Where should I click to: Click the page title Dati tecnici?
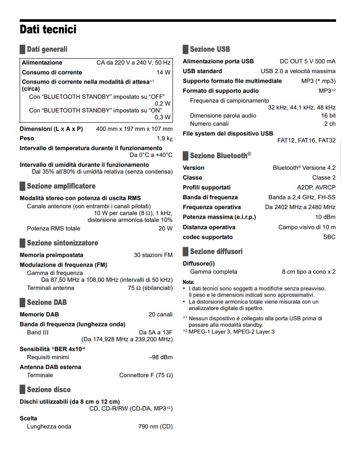pyautogui.click(x=48, y=30)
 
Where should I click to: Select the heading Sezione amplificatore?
pyautogui.click(x=61, y=186)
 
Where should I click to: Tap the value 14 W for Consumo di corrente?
pyautogui.click(x=164, y=72)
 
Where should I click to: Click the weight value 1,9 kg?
pyautogui.click(x=164, y=139)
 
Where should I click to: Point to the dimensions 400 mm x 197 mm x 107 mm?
pyautogui.click(x=134, y=129)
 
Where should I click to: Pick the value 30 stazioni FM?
pyautogui.click(x=153, y=255)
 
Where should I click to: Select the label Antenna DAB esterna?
pyautogui.click(x=51, y=367)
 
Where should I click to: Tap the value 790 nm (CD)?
pyautogui.click(x=155, y=426)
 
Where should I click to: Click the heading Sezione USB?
pyautogui.click(x=210, y=49)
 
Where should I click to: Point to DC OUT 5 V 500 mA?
pyautogui.click(x=307, y=62)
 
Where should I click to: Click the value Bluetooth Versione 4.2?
pyautogui.click(x=304, y=168)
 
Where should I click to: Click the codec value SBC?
pyautogui.click(x=329, y=237)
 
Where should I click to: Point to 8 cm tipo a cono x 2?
pyautogui.click(x=309, y=272)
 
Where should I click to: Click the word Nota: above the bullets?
pyautogui.click(x=188, y=282)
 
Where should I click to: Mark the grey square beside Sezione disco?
pyautogui.click(x=22, y=390)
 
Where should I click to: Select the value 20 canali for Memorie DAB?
pyautogui.click(x=161, y=314)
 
